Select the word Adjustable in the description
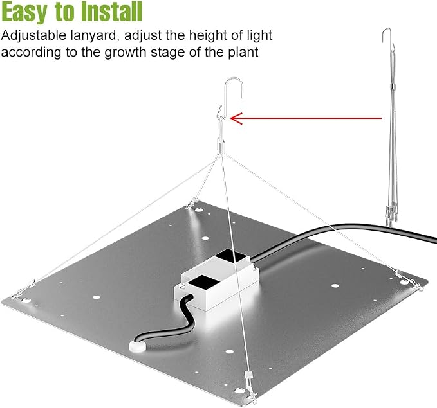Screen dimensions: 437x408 tap(34, 36)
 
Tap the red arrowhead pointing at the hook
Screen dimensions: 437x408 tap(236, 118)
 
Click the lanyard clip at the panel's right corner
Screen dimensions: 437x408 tap(409, 281)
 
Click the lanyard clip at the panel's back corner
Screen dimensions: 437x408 tap(193, 203)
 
